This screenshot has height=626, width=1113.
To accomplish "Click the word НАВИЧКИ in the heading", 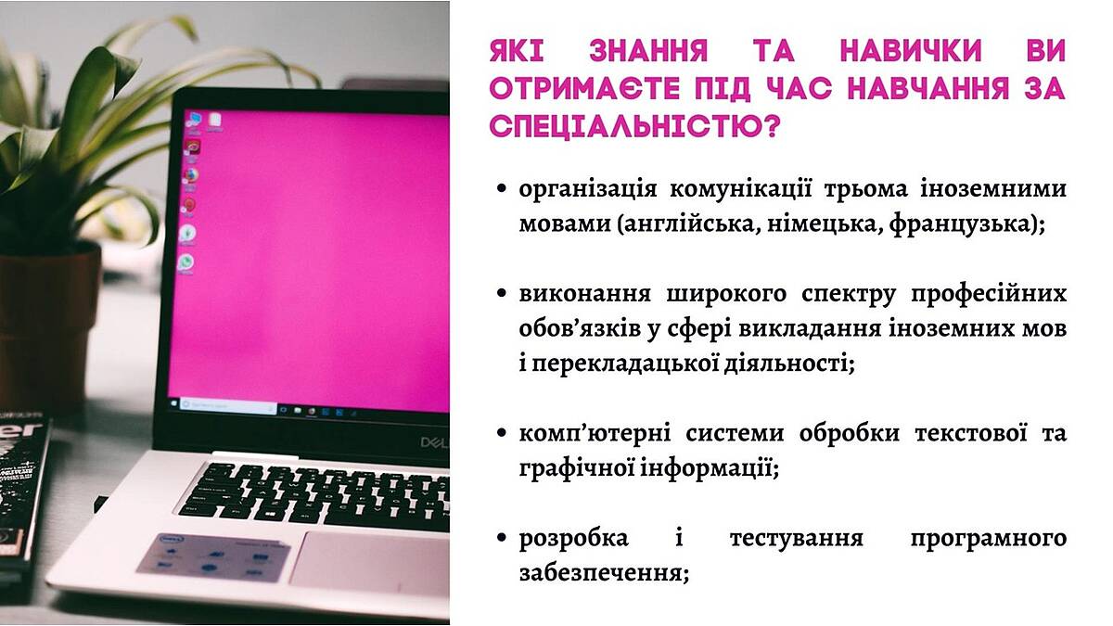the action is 911,51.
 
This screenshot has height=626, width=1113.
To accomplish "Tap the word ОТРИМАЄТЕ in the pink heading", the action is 585,89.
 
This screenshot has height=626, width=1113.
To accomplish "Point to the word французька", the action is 962,224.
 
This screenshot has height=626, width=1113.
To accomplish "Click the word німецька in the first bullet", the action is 820,224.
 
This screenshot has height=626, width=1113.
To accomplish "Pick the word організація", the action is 588,190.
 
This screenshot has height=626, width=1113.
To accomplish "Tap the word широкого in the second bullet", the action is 726,295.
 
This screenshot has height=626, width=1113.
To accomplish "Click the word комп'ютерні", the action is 595,434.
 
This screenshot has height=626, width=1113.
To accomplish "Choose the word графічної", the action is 574,469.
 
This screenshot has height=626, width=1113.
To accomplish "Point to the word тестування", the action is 796,539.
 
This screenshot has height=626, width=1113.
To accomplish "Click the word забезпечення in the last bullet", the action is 600,573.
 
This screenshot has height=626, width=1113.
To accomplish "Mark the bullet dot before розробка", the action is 502,538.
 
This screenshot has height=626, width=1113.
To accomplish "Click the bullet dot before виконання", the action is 502,294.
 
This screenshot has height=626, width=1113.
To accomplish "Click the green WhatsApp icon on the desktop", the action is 185,262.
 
